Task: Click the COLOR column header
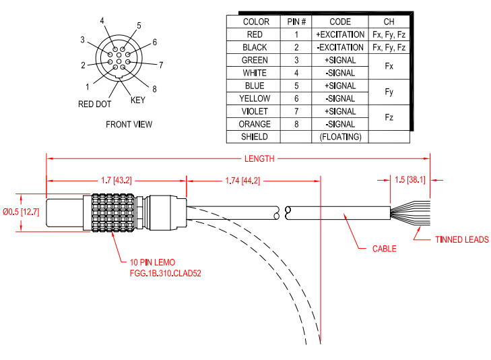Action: pos(255,22)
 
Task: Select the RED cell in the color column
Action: pos(255,34)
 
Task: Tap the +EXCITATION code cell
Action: pos(340,34)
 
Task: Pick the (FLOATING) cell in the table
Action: pos(340,137)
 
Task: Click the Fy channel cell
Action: pos(389,92)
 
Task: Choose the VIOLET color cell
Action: pos(255,111)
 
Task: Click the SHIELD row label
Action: pos(255,137)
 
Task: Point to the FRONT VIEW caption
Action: pos(129,124)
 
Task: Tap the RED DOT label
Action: pos(94,104)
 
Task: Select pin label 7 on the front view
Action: pos(161,65)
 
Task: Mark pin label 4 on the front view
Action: pos(102,21)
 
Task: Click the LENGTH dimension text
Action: pos(259,158)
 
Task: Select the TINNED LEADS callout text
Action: pos(461,239)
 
